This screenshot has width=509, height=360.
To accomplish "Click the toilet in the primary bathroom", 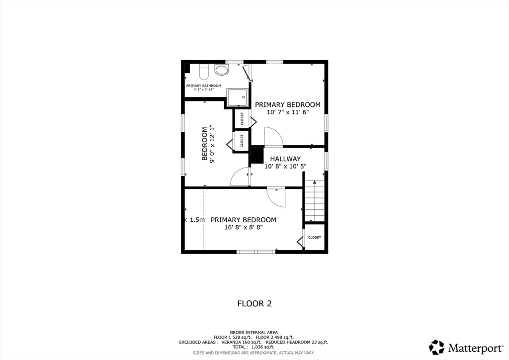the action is [203, 72].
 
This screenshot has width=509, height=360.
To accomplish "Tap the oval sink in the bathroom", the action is [222, 70].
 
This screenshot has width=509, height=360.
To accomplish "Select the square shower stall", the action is [237, 97].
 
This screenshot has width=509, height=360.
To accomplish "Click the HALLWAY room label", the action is [285, 159].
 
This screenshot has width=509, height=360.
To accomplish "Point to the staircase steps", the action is [314, 200].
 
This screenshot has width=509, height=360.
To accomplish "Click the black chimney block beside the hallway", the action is [257, 156].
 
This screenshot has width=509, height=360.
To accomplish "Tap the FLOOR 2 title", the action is [254, 303].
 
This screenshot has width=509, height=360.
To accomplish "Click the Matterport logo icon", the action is [436, 347].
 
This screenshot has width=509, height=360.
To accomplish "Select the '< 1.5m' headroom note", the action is [194, 220].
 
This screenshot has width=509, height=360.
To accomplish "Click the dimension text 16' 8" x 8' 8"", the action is [244, 227].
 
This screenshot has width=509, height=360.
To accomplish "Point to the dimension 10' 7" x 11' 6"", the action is [288, 112].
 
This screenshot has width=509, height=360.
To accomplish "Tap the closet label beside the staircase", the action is [314, 237].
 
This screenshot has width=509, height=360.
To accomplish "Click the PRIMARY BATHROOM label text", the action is [203, 86].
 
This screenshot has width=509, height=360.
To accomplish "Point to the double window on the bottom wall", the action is [256, 252].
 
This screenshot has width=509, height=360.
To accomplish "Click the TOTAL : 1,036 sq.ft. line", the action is [254, 347].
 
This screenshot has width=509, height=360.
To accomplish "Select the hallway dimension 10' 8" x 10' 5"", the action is [286, 167].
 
